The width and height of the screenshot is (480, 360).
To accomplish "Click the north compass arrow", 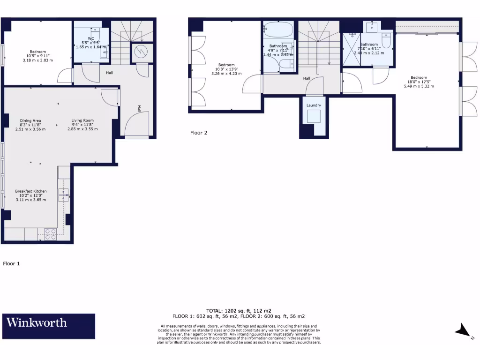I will (462, 331).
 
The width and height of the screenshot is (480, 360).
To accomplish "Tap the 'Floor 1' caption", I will (12, 263).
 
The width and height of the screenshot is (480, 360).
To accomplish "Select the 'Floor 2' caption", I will (198, 133).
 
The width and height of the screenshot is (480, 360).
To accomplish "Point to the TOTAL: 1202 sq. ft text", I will (239, 310).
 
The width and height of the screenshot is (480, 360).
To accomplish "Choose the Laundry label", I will (314, 105).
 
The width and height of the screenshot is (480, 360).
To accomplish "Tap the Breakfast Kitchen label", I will (31, 191).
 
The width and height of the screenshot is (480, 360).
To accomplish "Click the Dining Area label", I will (30, 120).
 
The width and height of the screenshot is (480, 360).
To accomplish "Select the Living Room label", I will (82, 120).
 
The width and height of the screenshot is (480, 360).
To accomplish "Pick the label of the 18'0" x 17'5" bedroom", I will (419, 78).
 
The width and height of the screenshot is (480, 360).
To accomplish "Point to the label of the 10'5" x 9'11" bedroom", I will (38, 52).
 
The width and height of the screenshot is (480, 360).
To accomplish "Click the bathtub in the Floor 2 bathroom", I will (278, 30).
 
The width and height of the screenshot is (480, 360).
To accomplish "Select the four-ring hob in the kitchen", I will (51, 234).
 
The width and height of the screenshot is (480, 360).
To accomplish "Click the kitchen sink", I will (63, 195).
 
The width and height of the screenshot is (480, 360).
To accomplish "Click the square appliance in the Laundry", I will (314, 117).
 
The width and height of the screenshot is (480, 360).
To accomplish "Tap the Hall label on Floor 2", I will (307, 78).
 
